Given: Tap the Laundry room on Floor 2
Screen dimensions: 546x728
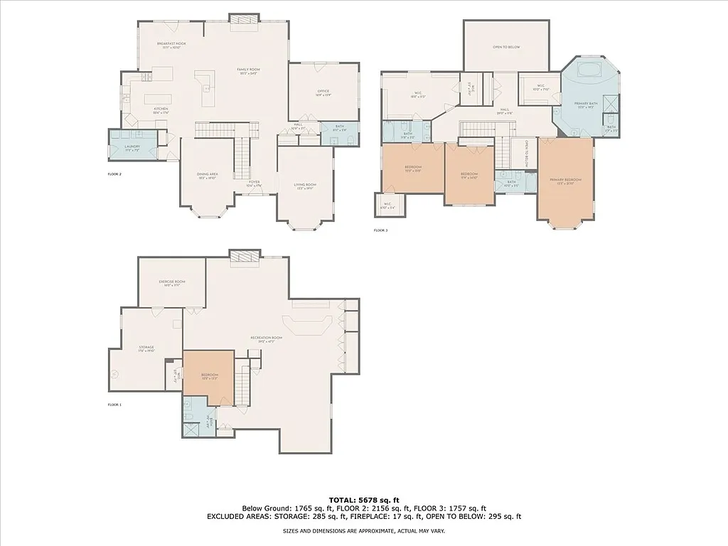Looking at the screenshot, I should point(132,147).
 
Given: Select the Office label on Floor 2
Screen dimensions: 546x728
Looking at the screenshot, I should point(323,92).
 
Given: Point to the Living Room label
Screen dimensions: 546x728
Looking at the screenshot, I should point(305,186).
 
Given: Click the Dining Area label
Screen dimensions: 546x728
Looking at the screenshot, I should point(207,176).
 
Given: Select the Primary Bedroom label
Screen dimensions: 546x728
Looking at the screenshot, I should point(565,181).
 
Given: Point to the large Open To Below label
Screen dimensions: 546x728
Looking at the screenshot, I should point(506,47).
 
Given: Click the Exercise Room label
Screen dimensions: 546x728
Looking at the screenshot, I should point(171,283).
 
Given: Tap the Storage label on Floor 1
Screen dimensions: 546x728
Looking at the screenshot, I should point(146,348).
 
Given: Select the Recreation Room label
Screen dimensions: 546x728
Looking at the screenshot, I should point(267,339).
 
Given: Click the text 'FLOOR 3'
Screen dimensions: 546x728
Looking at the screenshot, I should point(381,230).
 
